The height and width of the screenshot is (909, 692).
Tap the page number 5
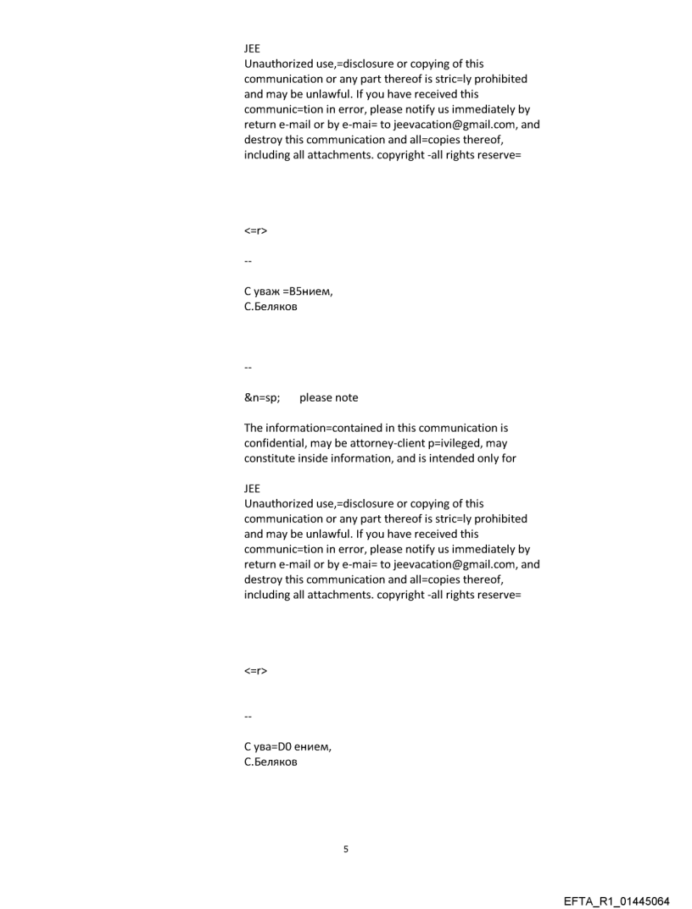pyautogui.click(x=346, y=848)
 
